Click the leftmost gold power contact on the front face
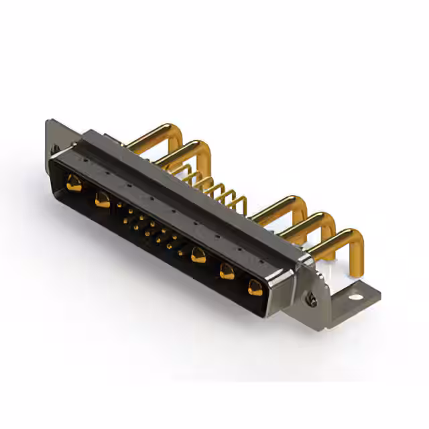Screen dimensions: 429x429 click(x=74, y=182)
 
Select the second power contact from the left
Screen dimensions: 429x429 click(x=102, y=199)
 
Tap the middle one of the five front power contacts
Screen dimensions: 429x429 click(x=198, y=255)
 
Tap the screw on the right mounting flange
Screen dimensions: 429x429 click(x=312, y=302)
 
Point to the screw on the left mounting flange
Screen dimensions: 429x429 click(x=55, y=149)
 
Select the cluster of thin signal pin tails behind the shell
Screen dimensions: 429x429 click(x=214, y=188)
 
